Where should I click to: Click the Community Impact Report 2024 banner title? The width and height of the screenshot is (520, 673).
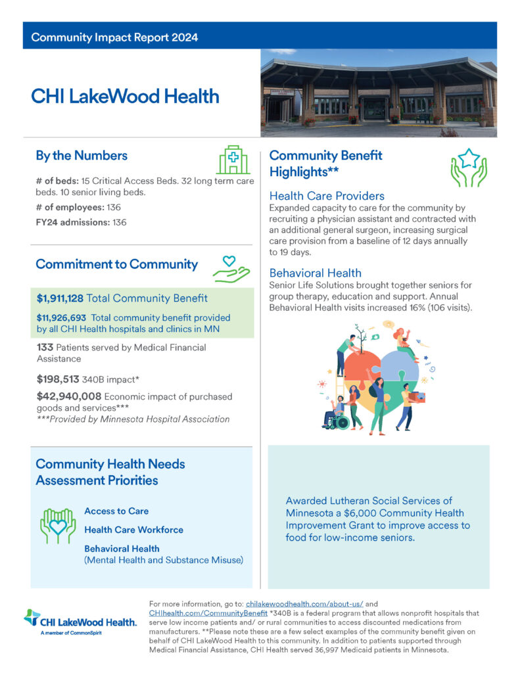click(x=114, y=37)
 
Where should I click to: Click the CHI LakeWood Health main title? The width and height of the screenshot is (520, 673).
click(x=125, y=97)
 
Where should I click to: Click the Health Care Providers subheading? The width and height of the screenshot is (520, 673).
click(x=327, y=196)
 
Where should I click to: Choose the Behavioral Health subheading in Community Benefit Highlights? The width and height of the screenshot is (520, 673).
click(x=316, y=273)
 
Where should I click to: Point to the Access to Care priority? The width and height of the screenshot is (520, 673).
click(x=116, y=511)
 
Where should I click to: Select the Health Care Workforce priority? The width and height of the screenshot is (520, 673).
click(x=133, y=530)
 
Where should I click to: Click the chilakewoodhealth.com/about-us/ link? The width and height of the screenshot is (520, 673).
click(x=300, y=603)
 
